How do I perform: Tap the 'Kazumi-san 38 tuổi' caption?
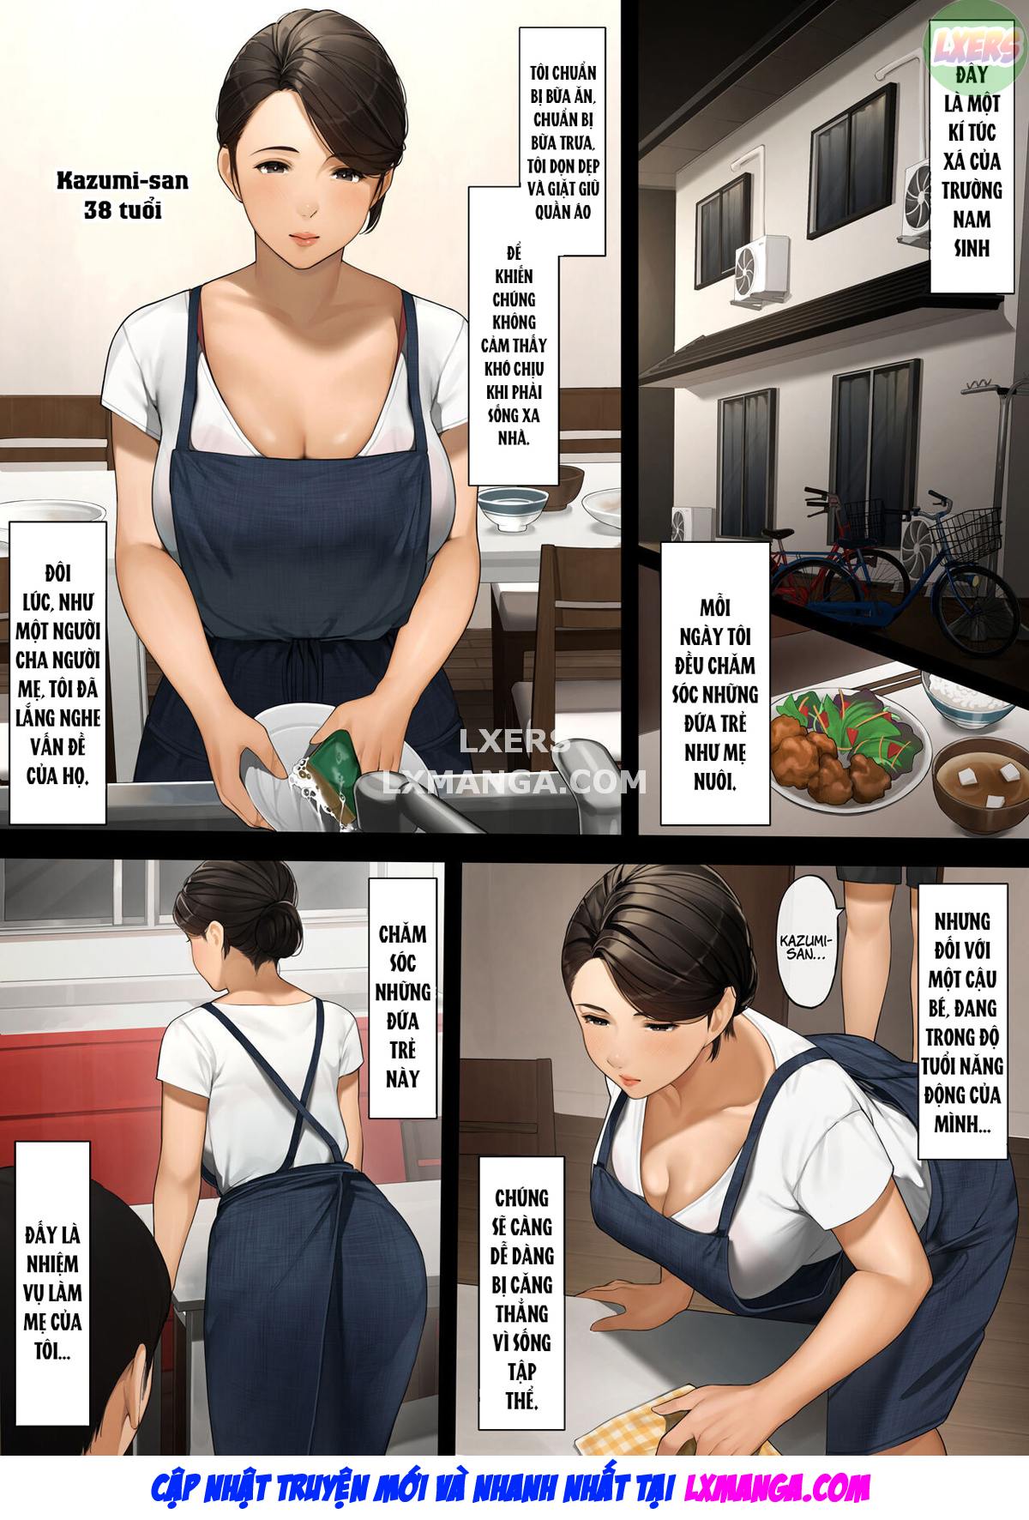[123, 195]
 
